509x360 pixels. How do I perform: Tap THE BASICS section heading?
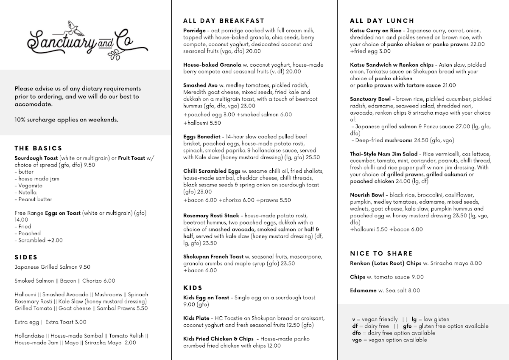38,148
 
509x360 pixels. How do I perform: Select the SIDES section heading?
26,257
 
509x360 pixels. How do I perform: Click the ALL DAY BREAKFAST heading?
224,20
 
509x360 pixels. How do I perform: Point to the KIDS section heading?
193,288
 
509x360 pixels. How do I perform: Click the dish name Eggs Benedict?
202,137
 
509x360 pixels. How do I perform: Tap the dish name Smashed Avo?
200,85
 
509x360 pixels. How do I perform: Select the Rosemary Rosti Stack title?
211,216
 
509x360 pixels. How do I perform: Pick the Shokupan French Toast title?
213,256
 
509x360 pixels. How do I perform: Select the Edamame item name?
363,290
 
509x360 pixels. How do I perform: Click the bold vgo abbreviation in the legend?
357,340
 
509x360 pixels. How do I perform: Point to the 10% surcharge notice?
66,120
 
